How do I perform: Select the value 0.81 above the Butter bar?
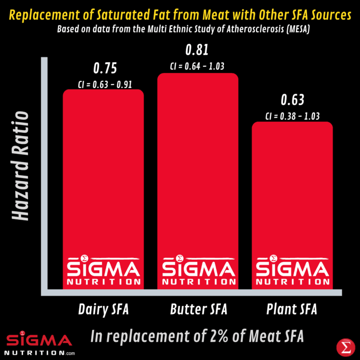(197, 50)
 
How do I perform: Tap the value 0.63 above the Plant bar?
(292, 100)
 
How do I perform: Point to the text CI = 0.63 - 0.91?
(104, 85)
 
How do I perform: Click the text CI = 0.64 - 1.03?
(197, 66)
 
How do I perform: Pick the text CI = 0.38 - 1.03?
(292, 116)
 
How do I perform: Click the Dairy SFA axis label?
(103, 310)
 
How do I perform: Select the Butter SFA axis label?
(198, 310)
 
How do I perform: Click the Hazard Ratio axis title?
(21, 166)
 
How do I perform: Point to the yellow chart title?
(180, 15)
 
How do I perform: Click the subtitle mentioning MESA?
(180, 29)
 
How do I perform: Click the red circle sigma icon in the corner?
(345, 347)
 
